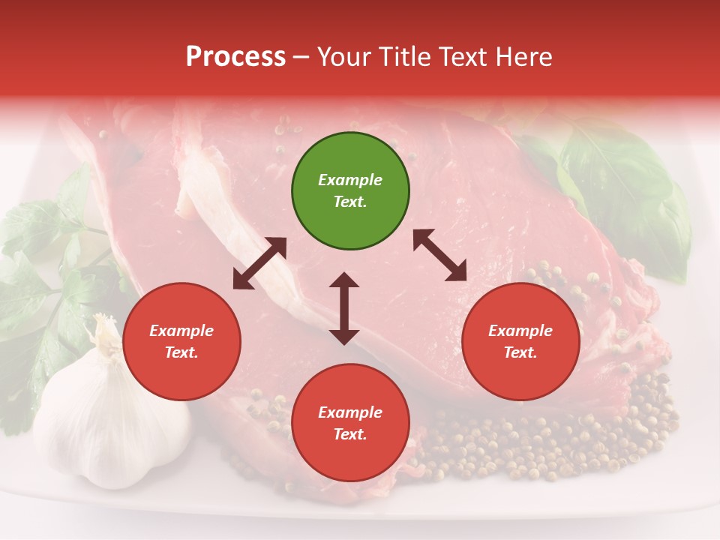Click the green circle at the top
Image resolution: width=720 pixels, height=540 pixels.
pyautogui.click(x=350, y=191)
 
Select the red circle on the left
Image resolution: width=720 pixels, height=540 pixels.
pyautogui.click(x=181, y=342)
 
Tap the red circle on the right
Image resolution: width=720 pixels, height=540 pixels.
pyautogui.click(x=520, y=342)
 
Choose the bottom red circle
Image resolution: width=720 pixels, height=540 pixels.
pyautogui.click(x=350, y=423)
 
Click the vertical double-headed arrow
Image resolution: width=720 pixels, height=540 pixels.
pyautogui.click(x=344, y=308)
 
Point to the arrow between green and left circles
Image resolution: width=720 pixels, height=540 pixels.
pyautogui.click(x=259, y=263)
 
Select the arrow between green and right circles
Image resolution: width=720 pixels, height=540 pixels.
pyautogui.click(x=440, y=255)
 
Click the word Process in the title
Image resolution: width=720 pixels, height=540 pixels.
pyautogui.click(x=235, y=57)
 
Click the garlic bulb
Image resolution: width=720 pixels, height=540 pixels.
pyautogui.click(x=112, y=420)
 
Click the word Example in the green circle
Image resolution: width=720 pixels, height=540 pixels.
pyautogui.click(x=350, y=180)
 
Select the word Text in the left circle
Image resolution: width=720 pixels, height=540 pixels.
pyautogui.click(x=181, y=353)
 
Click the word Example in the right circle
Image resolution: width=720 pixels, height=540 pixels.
pyautogui.click(x=520, y=331)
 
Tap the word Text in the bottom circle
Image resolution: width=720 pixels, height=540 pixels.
pyautogui.click(x=349, y=434)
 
